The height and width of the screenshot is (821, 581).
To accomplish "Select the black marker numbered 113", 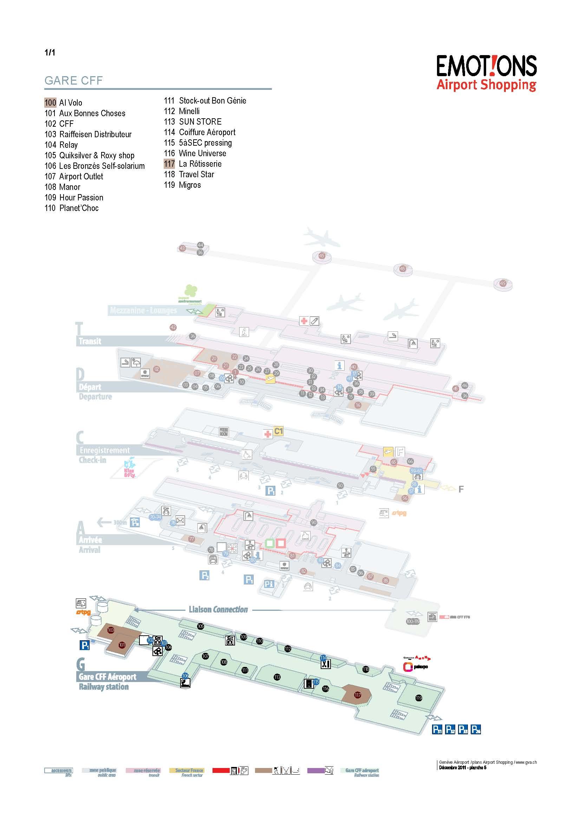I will [277, 677].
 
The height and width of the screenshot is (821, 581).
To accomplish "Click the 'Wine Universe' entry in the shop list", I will [202, 153].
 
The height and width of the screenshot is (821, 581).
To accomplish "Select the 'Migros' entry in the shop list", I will [190, 185].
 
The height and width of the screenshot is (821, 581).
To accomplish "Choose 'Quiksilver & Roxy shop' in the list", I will [97, 155].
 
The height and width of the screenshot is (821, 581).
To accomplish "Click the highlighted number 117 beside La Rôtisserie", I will [169, 164].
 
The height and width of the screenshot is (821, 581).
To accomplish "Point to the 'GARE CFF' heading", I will [74, 80].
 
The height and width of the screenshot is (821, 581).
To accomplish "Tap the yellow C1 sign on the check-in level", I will [278, 431].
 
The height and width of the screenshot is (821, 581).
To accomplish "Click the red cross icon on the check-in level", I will [268, 434].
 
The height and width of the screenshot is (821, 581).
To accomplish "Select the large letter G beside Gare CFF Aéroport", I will [81, 664].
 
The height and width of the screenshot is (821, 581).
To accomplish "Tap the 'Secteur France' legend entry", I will [187, 780].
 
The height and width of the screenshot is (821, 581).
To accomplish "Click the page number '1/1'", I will [50, 53].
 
